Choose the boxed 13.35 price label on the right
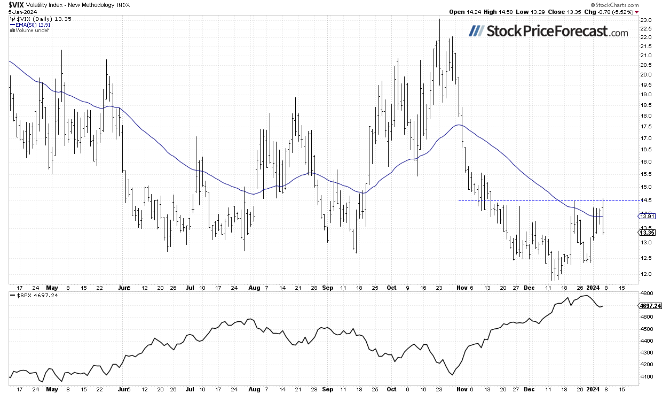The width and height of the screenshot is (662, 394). pos(647,233)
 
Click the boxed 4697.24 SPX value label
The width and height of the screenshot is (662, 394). pos(650,306)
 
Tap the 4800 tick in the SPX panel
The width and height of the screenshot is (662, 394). pos(646,293)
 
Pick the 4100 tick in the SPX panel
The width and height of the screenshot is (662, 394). pos(646,376)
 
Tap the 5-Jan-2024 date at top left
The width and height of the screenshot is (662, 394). pos(14,11)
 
